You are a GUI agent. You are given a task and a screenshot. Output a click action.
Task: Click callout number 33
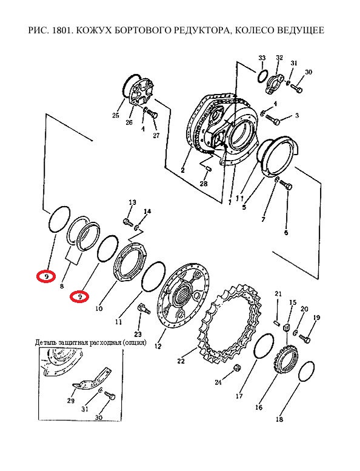262,58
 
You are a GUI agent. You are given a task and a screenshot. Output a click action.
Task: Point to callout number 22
181,361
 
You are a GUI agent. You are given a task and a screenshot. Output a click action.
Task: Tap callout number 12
158,346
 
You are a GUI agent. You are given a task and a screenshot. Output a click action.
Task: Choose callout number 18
279,419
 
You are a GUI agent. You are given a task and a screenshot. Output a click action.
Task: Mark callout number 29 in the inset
70,401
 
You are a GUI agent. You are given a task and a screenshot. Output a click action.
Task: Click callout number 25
116,115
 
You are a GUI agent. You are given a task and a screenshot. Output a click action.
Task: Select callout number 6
286,233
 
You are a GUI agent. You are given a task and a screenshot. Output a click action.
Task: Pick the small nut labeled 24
236,367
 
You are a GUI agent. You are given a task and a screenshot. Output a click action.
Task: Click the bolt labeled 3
273,120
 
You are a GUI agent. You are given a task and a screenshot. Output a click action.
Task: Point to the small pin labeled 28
208,169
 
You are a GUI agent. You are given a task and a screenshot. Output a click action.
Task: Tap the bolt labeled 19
305,338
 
